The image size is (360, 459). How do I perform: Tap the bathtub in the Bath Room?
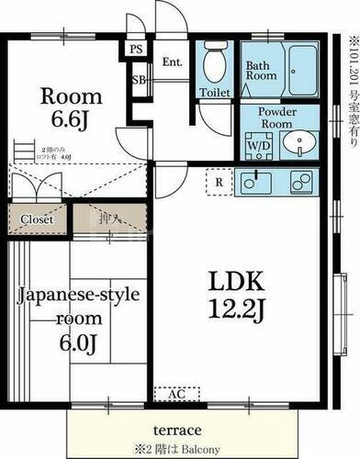298,68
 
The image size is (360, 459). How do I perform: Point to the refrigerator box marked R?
218,181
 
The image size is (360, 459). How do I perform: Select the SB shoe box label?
139,81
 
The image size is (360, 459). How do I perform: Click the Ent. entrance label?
172,62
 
